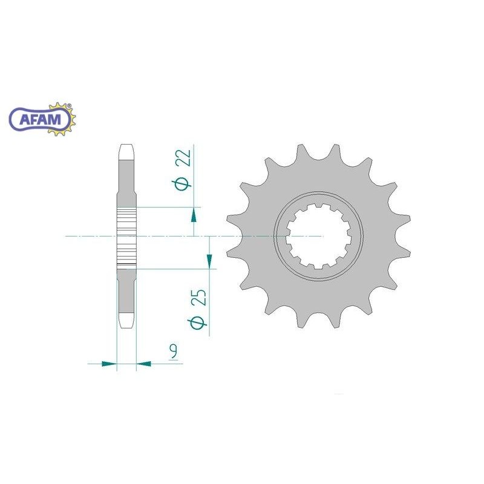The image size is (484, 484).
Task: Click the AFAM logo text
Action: pos(40,119)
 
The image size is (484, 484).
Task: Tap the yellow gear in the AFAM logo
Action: pos(62,119)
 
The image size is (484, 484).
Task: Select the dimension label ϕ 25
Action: pos(197,309)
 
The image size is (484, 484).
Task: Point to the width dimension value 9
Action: pos(174,353)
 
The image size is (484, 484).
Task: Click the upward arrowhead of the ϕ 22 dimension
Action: pos(194,215)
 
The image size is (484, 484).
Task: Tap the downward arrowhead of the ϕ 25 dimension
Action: pos(209,261)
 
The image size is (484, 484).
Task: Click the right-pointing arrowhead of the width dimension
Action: pos(110,364)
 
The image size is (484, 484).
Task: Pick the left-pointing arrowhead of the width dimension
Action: pos(143,364)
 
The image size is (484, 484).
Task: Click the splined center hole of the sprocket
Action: pos(319,236)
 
